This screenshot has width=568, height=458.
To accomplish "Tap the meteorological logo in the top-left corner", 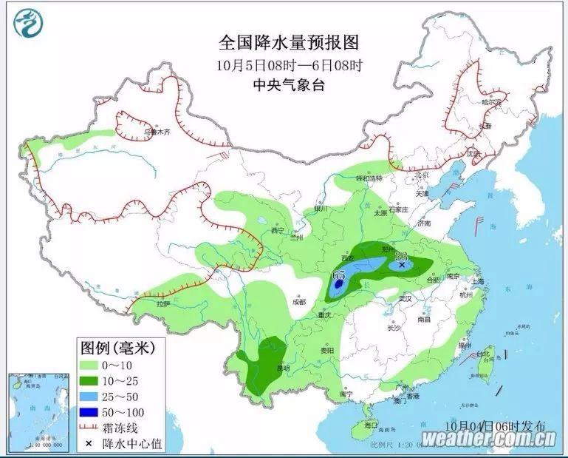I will coord(27,27).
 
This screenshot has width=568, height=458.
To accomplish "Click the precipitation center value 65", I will coord(339,275).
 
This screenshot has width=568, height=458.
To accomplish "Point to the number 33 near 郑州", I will coord(402,255).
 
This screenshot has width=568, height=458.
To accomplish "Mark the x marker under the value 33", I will coord(402,264).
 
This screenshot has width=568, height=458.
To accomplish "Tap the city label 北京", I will coord(421,175).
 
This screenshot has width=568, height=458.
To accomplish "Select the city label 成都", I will coord(298,302).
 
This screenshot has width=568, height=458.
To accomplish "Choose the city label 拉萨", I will coord(163,303).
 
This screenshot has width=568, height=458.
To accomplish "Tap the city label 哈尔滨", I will coord(490,101).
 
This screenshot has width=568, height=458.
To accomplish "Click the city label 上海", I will coord(477,281).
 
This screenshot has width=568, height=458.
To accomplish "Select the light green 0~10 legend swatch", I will coord(95,365).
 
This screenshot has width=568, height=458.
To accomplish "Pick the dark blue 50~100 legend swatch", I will coord(95,411).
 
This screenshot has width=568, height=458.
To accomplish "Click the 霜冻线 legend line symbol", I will coord(95,428).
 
